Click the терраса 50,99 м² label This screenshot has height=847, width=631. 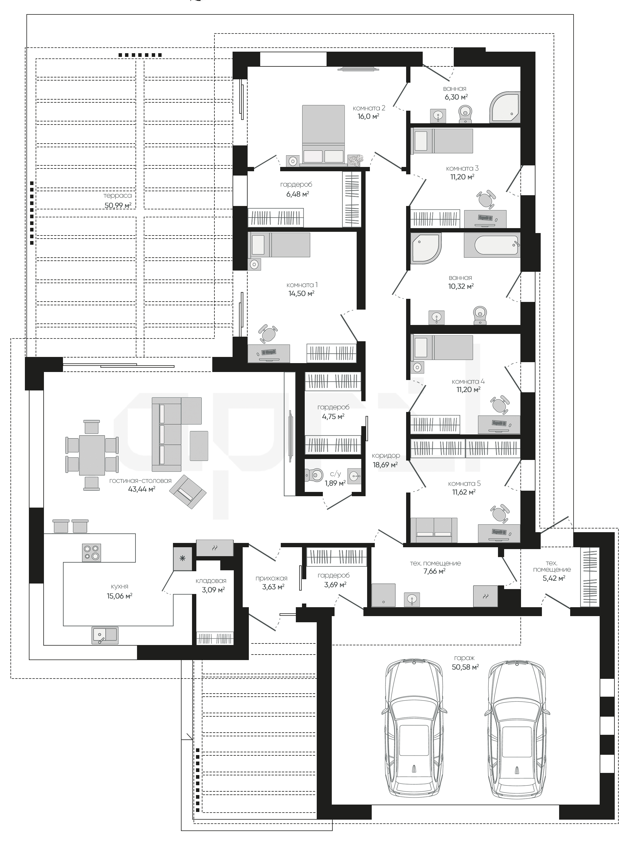(118, 200)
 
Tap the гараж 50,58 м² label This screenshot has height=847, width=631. (465, 663)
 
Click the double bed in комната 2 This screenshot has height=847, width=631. (323, 135)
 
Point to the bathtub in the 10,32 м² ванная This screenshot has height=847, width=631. (492, 245)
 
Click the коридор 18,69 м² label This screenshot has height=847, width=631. (386, 460)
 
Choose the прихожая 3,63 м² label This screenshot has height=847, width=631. (272, 583)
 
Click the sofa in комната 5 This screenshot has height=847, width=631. (434, 530)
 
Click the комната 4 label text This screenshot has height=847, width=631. (468, 382)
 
